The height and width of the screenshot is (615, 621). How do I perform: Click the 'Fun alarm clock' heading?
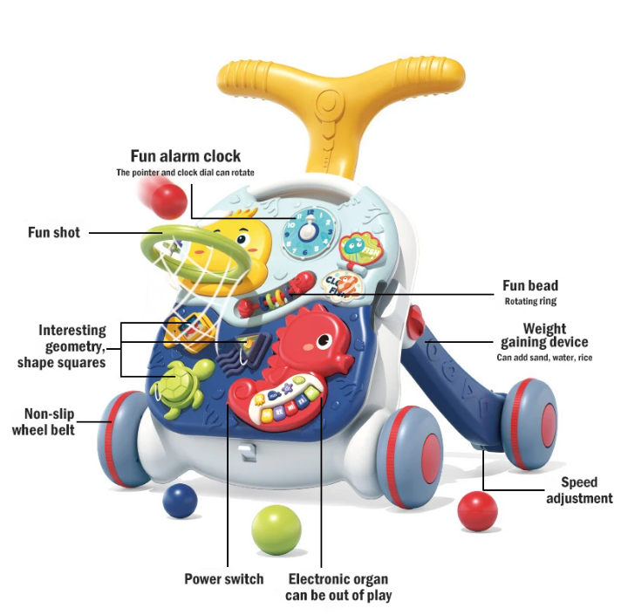(x=185, y=157)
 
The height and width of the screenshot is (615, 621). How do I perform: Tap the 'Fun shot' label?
(x=53, y=233)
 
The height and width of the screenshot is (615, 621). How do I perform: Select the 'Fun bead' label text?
(x=529, y=285)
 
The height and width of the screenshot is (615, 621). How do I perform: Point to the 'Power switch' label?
(x=223, y=578)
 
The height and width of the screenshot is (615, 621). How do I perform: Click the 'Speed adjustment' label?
(x=579, y=489)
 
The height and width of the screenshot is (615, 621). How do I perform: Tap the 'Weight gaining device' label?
(x=544, y=336)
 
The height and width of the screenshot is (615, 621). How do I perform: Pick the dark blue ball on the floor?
(x=180, y=502)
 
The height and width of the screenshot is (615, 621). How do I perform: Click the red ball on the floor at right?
(x=477, y=510)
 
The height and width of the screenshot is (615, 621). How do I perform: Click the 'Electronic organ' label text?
(x=338, y=578)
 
